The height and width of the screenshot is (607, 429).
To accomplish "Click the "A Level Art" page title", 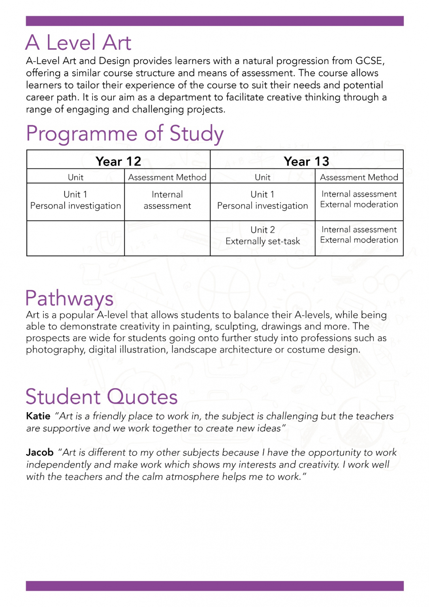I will [78, 43].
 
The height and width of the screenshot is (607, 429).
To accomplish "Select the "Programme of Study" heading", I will [125, 134].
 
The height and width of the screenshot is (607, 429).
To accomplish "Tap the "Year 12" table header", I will [118, 161].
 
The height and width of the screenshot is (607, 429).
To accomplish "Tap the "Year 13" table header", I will [306, 161].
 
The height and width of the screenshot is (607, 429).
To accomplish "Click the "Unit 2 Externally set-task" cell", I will [263, 236].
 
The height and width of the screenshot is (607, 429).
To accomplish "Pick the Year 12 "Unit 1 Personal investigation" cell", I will [75, 200].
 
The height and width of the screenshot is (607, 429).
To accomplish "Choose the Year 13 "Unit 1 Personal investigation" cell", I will [263, 200].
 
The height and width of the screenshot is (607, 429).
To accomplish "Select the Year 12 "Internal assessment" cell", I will [167, 200].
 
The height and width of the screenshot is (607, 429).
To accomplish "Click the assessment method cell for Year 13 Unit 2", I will [359, 235].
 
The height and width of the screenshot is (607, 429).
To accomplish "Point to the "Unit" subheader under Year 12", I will [75, 177].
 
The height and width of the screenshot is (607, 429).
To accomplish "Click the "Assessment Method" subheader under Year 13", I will [359, 177].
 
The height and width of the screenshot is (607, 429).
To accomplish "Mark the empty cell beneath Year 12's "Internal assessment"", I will [167, 238].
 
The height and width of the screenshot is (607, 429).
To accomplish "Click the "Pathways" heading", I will [70, 298].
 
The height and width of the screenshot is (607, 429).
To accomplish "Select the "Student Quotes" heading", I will [102, 397].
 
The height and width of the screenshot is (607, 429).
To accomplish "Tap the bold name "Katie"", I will [38, 416].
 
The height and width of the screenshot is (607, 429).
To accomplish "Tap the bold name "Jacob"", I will [40, 452].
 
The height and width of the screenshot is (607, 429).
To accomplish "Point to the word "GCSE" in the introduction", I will [369, 61].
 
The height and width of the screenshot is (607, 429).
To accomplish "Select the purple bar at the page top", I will [214, 21].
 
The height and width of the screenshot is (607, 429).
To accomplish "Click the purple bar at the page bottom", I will [214, 586].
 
